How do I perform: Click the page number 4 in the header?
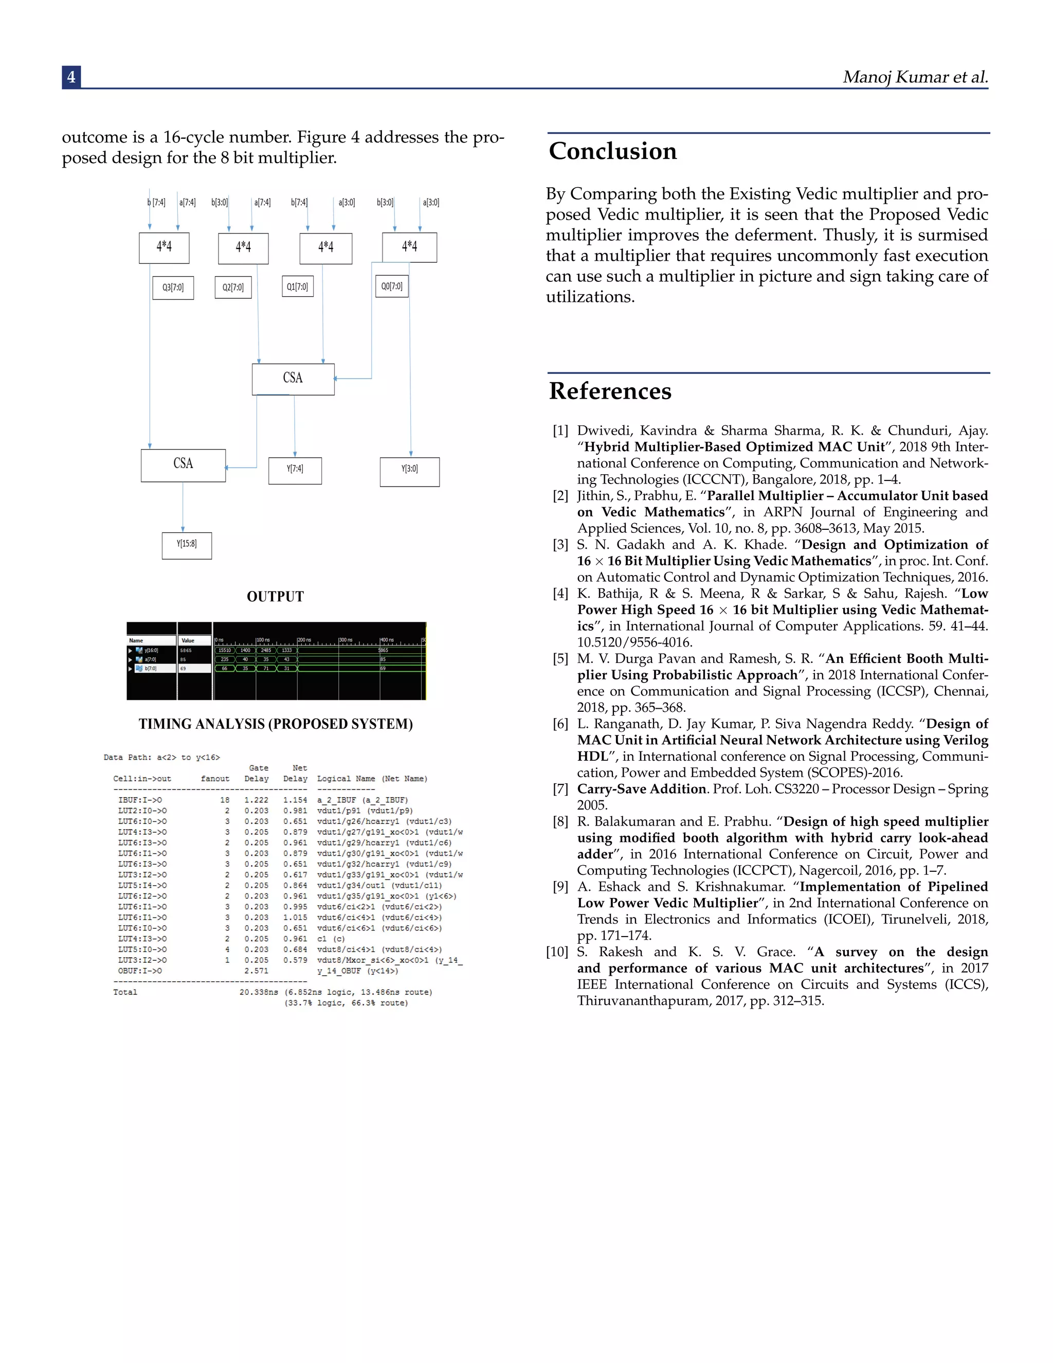point(71,77)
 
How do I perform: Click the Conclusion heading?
point(612,152)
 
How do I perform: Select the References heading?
point(610,391)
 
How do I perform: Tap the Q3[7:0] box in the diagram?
point(173,288)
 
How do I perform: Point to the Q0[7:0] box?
point(392,286)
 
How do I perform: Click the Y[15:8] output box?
point(187,545)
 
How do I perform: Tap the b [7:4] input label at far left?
point(156,202)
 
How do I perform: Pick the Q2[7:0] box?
point(233,288)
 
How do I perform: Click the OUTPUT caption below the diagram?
point(275,597)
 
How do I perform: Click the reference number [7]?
point(560,789)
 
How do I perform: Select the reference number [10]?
point(557,952)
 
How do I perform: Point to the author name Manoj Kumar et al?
point(915,77)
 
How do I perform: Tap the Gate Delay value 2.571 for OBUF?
point(257,971)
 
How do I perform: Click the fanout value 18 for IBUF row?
point(225,799)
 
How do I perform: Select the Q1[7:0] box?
point(297,286)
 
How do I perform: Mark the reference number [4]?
point(560,594)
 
